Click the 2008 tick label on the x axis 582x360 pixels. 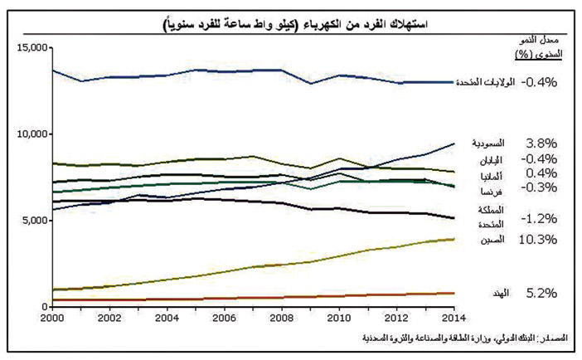point(282,317)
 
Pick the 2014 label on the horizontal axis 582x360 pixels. point(452,317)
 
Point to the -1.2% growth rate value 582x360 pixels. point(540,217)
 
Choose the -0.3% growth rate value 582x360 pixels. point(540,187)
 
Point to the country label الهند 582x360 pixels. point(498,294)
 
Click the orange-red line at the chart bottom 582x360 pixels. point(249,299)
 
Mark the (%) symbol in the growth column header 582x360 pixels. point(523,56)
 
